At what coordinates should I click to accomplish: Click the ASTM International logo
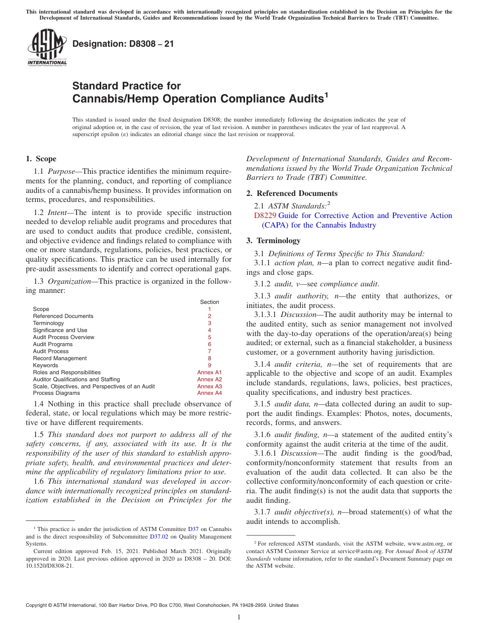pyautogui.click(x=47, y=48)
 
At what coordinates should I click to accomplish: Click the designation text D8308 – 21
pyautogui.click(x=123, y=44)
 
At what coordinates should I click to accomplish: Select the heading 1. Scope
pyautogui.click(x=41, y=159)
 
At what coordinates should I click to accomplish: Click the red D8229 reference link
pyautogui.click(x=265, y=216)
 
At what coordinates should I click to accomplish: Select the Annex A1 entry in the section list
pyautogui.click(x=209, y=372)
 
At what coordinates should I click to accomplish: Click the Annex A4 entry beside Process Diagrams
pyautogui.click(x=209, y=393)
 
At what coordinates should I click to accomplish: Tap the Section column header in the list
pyautogui.click(x=209, y=302)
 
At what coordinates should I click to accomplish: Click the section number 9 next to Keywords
pyautogui.click(x=209, y=365)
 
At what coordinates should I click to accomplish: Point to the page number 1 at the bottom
pyautogui.click(x=239, y=617)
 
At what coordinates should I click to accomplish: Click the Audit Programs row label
pyautogui.click(x=53, y=344)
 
